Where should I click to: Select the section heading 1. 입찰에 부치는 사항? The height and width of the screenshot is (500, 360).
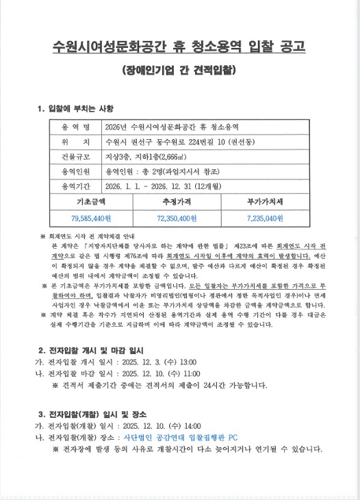77,108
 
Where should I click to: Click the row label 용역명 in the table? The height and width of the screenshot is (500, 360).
75,128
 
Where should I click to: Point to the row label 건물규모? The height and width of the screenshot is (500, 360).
75,157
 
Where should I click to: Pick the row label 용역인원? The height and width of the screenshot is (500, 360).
75,171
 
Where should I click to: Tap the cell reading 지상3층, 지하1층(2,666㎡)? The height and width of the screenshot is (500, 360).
149,157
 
